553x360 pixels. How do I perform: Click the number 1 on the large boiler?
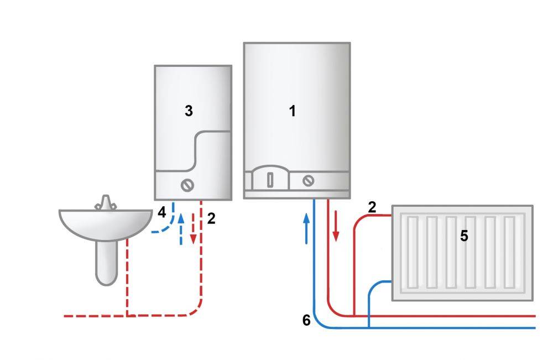click(292, 111)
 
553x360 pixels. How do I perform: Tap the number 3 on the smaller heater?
click(189, 111)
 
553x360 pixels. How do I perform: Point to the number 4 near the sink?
click(161, 212)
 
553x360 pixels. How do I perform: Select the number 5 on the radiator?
click(464, 236)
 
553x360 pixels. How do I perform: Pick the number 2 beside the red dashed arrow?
click(211, 218)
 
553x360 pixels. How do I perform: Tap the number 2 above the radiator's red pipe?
click(372, 207)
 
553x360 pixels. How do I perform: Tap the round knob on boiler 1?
click(309, 180)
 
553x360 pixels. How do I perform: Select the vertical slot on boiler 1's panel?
click(270, 180)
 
